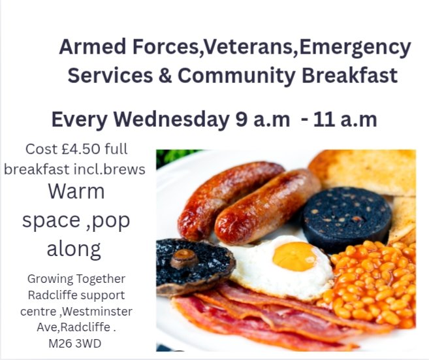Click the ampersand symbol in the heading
tap(165, 75)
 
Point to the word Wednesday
tap(171, 120)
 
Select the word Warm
tap(76, 193)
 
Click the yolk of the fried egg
tap(294, 256)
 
